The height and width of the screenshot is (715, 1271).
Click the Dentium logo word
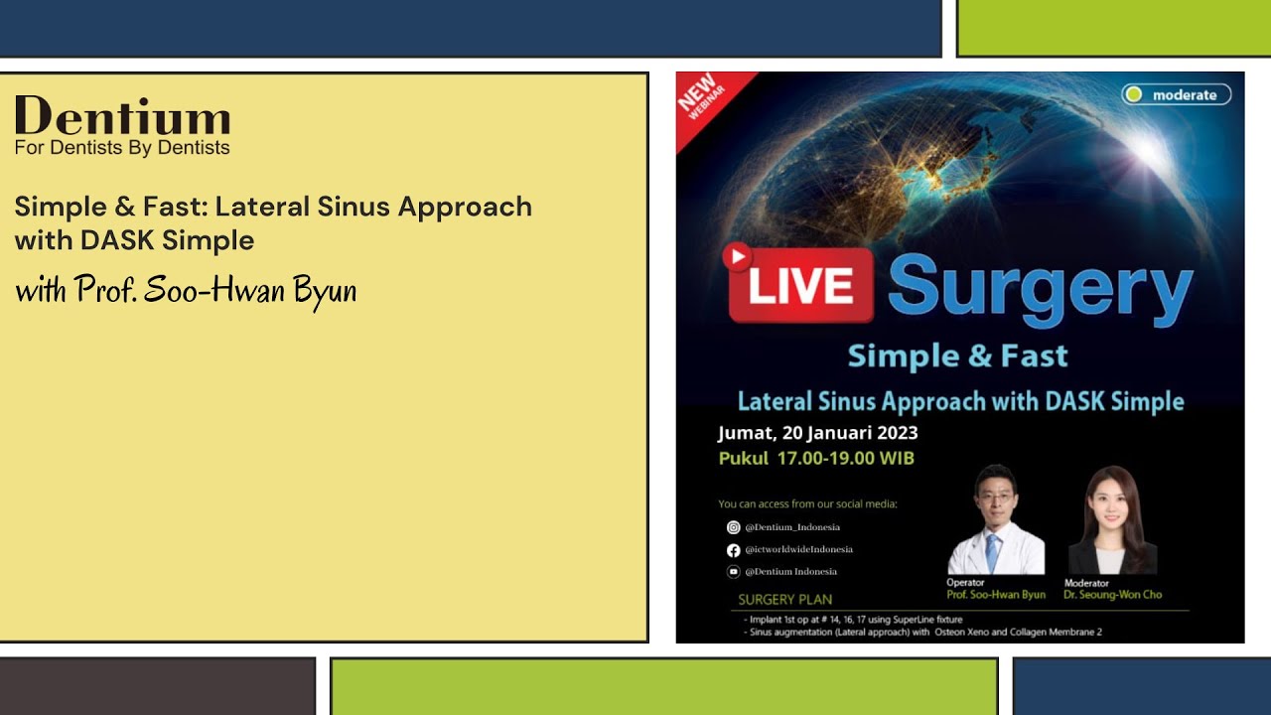[x=122, y=117]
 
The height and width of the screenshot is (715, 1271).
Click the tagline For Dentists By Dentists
[x=122, y=148]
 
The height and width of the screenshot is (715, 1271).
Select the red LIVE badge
[x=800, y=285]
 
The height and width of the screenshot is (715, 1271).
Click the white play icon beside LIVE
[x=737, y=257]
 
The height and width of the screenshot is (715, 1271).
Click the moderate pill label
[x=1177, y=95]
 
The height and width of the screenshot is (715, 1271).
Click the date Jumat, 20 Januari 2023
[x=817, y=433]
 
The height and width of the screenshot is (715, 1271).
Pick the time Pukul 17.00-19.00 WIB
[x=816, y=459]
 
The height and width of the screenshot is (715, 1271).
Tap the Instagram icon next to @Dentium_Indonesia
[x=733, y=527]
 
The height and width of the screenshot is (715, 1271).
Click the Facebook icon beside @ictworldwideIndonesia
[x=733, y=549]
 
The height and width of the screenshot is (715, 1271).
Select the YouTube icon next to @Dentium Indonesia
[x=733, y=571]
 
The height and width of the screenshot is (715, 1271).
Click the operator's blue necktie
[x=993, y=552]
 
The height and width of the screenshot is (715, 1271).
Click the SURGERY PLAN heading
[x=784, y=600]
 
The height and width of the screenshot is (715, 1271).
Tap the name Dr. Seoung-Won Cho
[x=1112, y=595]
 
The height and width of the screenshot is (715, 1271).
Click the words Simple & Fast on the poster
[x=958, y=356]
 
